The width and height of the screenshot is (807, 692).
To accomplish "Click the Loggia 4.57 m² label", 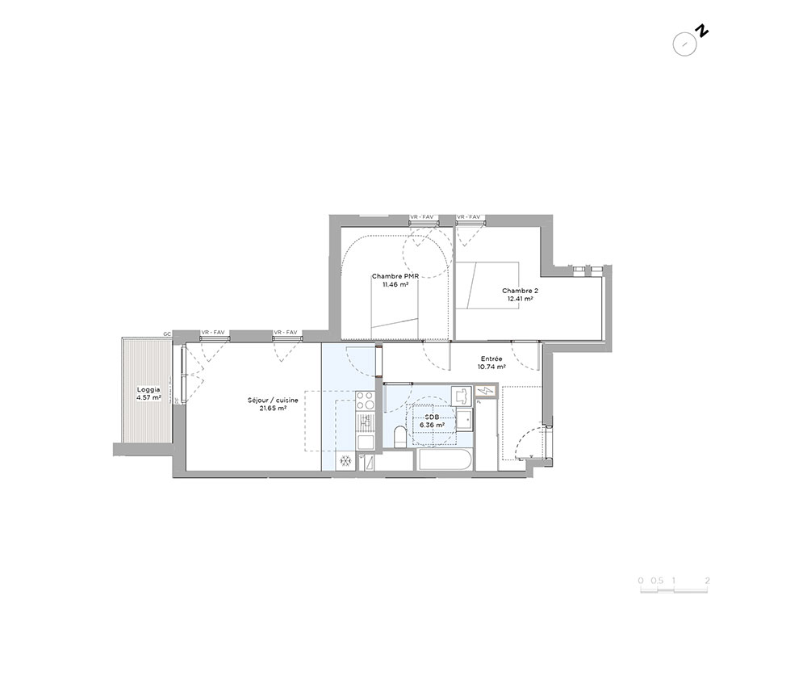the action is pyautogui.click(x=148, y=393).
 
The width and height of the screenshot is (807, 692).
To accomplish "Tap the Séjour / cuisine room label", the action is pyautogui.click(x=273, y=404).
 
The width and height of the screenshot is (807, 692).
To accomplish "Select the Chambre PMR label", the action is pyautogui.click(x=395, y=279).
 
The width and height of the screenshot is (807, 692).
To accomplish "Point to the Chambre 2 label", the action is pyautogui.click(x=521, y=294).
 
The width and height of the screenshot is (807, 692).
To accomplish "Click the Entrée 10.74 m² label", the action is pyautogui.click(x=491, y=363).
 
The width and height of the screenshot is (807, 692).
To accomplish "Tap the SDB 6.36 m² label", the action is pyautogui.click(x=432, y=421).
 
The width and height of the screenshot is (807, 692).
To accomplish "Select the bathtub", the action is pyautogui.click(x=445, y=459).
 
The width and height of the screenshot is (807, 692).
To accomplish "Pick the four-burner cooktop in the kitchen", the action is pyautogui.click(x=366, y=401).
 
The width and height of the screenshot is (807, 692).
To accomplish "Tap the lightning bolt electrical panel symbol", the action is pyautogui.click(x=486, y=392).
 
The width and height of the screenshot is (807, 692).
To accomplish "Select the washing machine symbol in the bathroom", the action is pyautogui.click(x=462, y=396).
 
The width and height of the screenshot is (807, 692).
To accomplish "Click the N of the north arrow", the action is pyautogui.click(x=702, y=31).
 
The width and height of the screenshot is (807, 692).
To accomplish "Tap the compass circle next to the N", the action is pyautogui.click(x=685, y=44).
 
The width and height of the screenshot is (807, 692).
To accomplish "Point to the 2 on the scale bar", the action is pyautogui.click(x=708, y=581).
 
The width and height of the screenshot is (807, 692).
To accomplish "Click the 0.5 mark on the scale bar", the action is pyautogui.click(x=656, y=581).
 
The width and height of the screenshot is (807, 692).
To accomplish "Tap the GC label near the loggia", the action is pyautogui.click(x=167, y=334).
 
